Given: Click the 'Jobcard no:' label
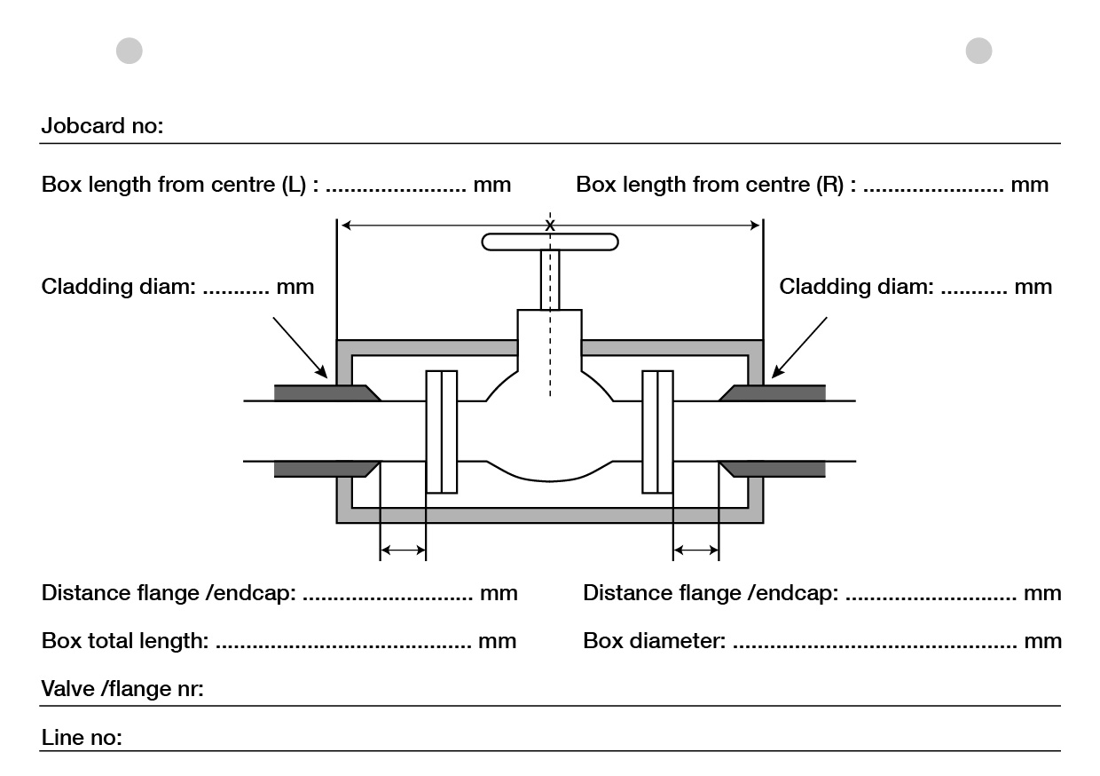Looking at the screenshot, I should point(102,126).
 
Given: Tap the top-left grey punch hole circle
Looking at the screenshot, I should point(130,51).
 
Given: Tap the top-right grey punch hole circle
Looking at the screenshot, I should point(978,51).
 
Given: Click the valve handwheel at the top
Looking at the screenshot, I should point(550,242).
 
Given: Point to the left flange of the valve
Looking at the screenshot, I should point(442,431).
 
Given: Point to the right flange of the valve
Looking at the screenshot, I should point(657,431).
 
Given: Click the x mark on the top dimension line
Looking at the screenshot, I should point(550,226).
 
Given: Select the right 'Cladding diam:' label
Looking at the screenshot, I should point(856,287).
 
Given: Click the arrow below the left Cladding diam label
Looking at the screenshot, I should point(301,348).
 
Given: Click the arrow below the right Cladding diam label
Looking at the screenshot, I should point(799,347).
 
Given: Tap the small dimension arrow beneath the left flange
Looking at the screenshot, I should point(403,551).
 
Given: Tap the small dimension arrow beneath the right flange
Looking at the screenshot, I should point(695,551).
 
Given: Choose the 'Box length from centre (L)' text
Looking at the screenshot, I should point(183,185).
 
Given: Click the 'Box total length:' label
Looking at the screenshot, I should point(125,640).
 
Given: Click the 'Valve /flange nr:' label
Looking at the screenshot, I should point(122,689).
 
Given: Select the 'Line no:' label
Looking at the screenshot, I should point(82,738).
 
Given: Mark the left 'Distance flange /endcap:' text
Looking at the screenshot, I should point(169,592).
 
